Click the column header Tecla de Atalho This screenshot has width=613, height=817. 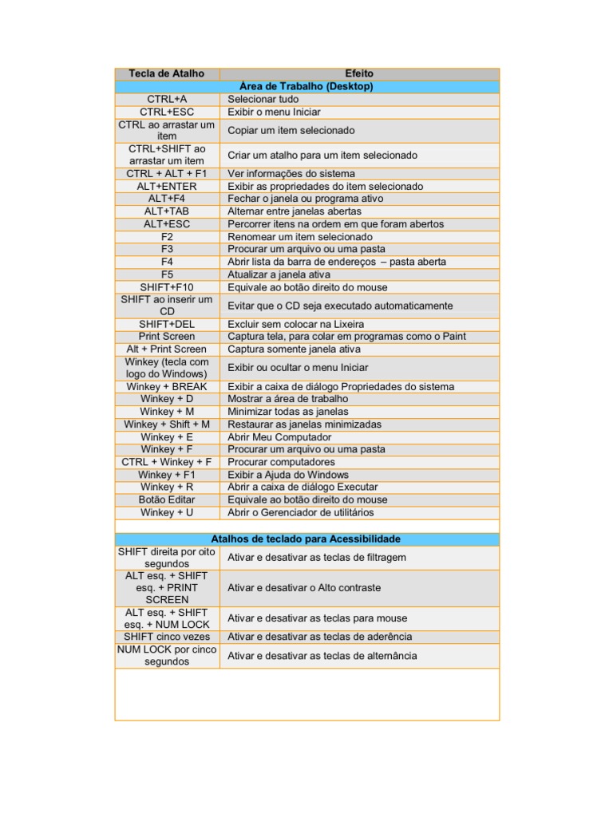167,73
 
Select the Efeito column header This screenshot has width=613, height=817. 359,73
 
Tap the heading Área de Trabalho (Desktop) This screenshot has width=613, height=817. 306,86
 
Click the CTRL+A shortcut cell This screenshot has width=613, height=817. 167,99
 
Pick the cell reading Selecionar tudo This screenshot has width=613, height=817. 263,99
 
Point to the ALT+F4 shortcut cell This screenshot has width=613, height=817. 167,199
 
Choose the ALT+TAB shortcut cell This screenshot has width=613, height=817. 167,211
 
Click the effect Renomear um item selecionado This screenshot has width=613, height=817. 300,237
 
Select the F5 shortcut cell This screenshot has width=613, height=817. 167,274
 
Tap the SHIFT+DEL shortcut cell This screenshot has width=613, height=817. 167,324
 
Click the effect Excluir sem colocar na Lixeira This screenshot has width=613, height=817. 296,324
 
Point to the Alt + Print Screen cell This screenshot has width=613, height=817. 167,349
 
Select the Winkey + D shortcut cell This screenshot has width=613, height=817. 167,399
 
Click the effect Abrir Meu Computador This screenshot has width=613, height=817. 279,437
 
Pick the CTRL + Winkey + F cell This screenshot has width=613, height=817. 167,462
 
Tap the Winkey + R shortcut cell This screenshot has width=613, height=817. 167,487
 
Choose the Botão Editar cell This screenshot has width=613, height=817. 167,499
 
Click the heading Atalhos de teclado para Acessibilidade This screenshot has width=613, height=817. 306,539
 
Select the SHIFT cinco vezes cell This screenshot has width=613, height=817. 167,637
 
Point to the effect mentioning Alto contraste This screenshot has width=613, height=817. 304,588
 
